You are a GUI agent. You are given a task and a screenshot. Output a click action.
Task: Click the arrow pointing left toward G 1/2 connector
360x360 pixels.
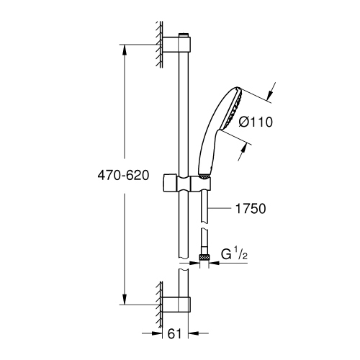(x=215, y=264)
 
